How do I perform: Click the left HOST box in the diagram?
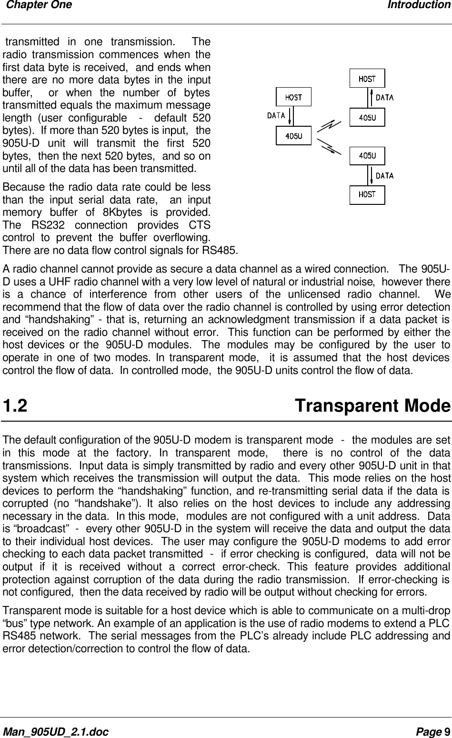(x=293, y=97)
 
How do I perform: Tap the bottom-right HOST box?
(x=367, y=195)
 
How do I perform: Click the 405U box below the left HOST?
(x=293, y=136)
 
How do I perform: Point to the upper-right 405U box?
(x=367, y=117)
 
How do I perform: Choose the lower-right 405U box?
(x=367, y=156)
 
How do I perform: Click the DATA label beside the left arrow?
(x=276, y=115)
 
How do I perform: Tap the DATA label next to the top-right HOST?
(x=385, y=98)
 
